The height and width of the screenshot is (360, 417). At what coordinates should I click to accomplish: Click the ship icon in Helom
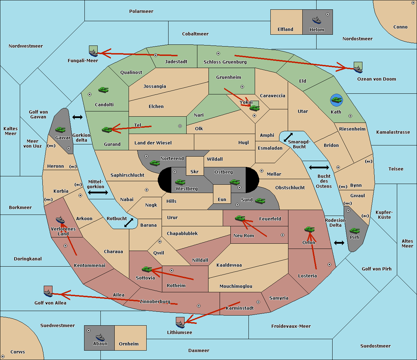coord(317,20)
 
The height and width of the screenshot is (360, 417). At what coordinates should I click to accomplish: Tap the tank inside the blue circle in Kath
coord(336,100)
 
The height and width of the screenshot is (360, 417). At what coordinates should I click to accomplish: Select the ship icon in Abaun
coord(100,337)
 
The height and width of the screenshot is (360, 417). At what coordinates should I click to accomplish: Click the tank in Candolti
coord(103,90)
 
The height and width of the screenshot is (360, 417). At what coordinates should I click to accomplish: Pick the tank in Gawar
coord(60,129)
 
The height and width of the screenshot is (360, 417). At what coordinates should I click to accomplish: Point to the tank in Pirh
coord(354,231)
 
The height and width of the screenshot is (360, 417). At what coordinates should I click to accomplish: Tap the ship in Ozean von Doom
coord(358,69)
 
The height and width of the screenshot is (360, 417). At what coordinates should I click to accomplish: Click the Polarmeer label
coord(141,11)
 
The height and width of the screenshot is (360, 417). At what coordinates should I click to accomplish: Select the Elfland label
coord(285,30)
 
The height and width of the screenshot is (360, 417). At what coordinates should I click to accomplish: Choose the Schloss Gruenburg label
coord(225,62)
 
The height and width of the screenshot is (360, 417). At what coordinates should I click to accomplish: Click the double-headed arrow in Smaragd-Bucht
coord(288,137)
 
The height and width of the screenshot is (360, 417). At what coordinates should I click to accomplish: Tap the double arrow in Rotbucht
coord(129,223)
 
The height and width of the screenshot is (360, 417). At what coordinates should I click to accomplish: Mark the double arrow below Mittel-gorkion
coord(98,192)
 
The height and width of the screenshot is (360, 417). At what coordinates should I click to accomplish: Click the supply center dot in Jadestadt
coord(156,55)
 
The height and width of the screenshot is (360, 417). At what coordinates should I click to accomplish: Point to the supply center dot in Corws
coord(3,357)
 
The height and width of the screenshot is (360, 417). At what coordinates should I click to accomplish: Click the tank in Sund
coord(260,201)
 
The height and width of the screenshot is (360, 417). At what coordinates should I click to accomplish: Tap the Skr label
coord(195,171)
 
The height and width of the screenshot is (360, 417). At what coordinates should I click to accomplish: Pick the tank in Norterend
coord(155,163)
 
